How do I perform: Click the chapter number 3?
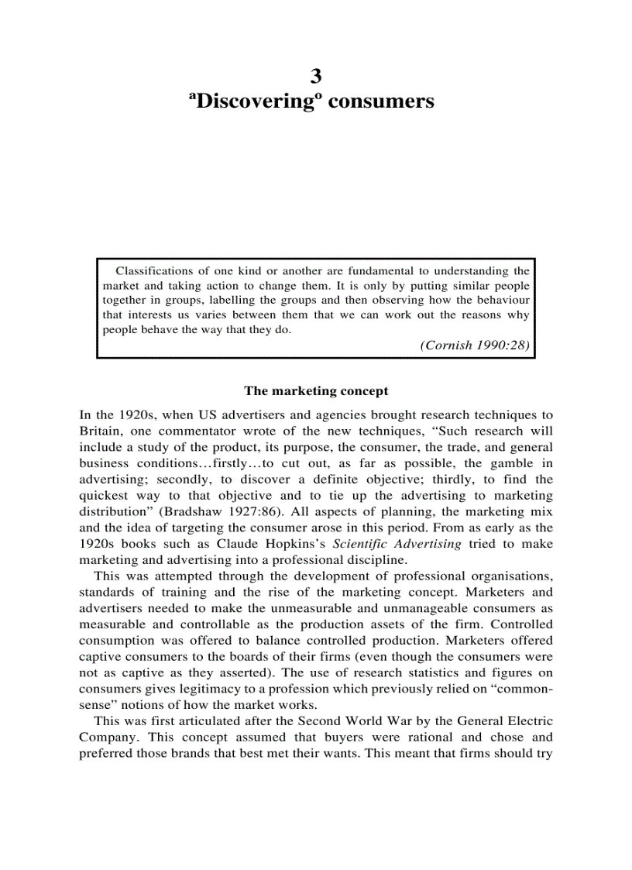[316, 76]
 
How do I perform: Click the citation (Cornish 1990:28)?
[475, 346]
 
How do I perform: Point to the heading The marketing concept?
[316, 391]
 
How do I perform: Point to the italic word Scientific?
[363, 543]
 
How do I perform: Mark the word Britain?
[100, 431]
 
